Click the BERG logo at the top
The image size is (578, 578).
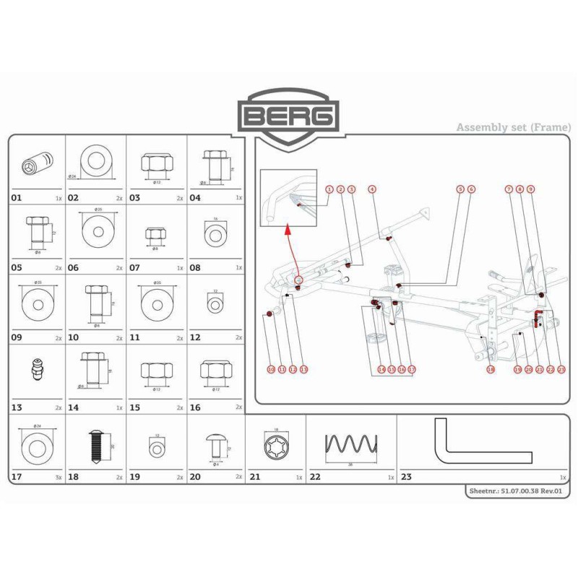289,115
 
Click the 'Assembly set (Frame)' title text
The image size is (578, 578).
513,127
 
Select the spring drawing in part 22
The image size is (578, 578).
350,447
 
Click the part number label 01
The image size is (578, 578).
17,197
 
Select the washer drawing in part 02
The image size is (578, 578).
96,161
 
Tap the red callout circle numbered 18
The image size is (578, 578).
491,369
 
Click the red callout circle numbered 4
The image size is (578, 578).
372,189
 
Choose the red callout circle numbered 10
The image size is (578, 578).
271,369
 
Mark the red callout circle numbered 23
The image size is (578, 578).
561,369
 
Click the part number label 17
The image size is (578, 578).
17,477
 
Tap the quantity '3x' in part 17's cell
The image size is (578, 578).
58,478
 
